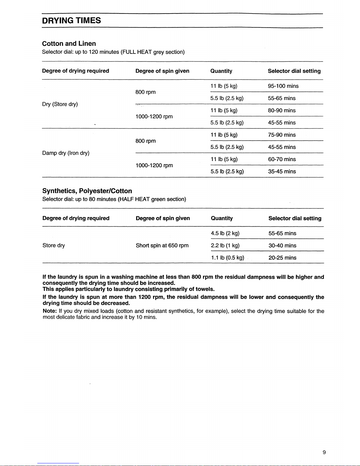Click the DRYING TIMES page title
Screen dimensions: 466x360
coord(71,21)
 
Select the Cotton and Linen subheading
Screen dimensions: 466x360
coord(69,44)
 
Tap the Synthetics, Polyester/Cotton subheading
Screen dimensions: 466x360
coord(87,191)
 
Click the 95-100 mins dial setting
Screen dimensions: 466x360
coord(283,86)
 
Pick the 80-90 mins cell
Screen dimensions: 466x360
coord(282,111)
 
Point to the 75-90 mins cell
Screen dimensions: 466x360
coord(282,135)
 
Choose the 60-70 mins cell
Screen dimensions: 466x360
coord(282,159)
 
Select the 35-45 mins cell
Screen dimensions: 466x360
coord(282,171)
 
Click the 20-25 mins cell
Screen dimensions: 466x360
coord(282,258)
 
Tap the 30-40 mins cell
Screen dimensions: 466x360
coord(282,245)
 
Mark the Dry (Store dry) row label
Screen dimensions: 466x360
coord(60,104)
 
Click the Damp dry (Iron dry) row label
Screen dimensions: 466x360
coord(66,153)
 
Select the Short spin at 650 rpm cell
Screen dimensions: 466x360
coord(162,245)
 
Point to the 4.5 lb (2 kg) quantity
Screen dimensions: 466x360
coord(225,233)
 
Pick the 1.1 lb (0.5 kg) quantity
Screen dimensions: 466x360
coord(227,258)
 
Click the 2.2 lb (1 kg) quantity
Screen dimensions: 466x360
coord(225,245)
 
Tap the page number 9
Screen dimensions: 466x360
coord(324,452)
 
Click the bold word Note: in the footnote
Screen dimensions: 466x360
coord(50,311)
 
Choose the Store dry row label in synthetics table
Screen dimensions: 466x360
coord(54,245)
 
